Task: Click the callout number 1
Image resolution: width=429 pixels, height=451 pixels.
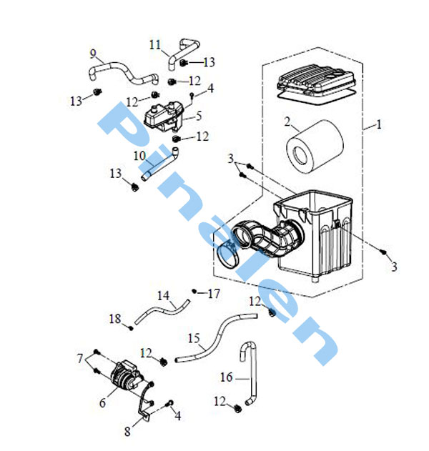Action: (x=379, y=124)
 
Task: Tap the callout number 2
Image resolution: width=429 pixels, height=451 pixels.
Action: (x=287, y=122)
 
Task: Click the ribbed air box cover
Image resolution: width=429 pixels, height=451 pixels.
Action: (x=316, y=84)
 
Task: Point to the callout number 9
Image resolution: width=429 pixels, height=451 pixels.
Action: (x=93, y=54)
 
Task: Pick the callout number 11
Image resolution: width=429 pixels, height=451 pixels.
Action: (x=154, y=45)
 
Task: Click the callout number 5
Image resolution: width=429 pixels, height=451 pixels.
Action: (x=199, y=116)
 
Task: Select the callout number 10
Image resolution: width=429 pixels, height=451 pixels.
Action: (x=139, y=156)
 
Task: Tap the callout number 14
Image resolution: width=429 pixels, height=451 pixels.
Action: (x=163, y=296)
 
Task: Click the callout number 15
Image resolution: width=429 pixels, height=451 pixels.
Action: (x=194, y=338)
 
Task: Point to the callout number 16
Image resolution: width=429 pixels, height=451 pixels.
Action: (x=226, y=377)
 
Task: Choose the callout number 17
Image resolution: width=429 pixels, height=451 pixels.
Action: (x=214, y=294)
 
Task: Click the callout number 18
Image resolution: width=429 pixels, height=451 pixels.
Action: (x=115, y=319)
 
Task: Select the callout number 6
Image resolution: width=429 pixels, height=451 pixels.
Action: (x=102, y=403)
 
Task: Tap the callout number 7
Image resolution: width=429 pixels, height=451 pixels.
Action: (x=80, y=358)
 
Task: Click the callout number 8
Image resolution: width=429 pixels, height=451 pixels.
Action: (x=127, y=431)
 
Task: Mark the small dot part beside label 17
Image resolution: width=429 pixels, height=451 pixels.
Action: (x=194, y=292)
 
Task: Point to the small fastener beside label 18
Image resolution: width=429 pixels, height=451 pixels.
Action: (x=131, y=327)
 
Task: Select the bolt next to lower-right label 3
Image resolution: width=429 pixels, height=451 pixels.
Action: (x=383, y=252)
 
